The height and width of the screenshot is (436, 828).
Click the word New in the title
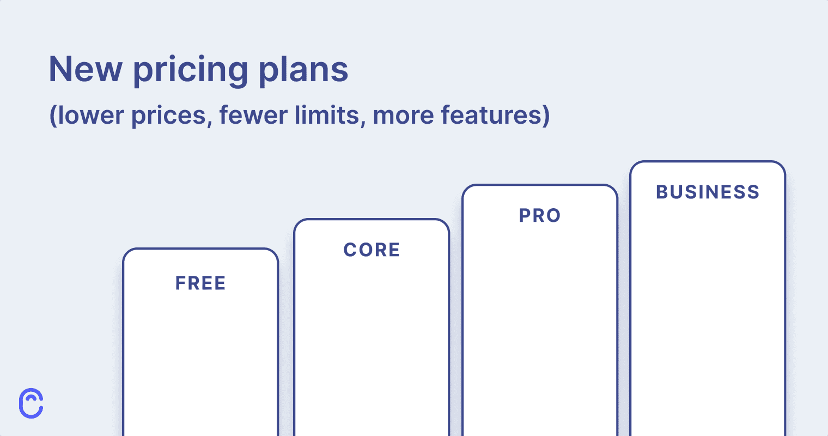tap(86, 69)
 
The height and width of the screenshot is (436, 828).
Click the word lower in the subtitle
tap(91, 116)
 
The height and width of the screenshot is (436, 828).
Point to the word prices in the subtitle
tap(169, 117)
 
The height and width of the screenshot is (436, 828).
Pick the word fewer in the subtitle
tap(253, 116)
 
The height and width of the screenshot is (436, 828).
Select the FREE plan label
tap(200, 283)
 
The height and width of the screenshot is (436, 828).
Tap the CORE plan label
tap(372, 250)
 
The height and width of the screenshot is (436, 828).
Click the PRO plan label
tap(540, 216)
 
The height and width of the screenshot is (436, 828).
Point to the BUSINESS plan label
tap(708, 192)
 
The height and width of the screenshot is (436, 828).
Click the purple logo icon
tap(31, 403)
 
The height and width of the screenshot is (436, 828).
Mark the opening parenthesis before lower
tap(53, 116)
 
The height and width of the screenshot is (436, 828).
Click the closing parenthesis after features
tap(545, 116)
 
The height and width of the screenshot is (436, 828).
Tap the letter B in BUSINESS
tap(662, 192)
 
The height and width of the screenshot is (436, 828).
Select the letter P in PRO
tap(525, 216)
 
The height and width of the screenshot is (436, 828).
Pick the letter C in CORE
tap(350, 250)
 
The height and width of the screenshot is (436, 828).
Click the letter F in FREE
tap(180, 283)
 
